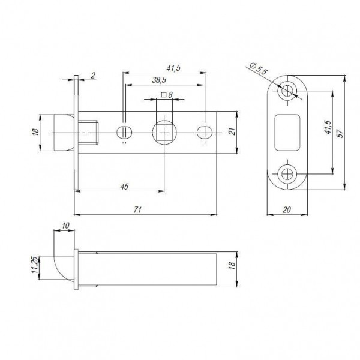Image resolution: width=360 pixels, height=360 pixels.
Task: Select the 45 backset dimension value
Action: click(124, 186)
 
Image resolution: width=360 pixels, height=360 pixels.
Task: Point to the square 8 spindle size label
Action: click(167, 95)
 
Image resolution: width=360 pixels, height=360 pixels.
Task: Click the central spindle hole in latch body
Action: click(164, 131)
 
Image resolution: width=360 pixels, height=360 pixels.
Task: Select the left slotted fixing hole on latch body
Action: click(124, 131)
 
